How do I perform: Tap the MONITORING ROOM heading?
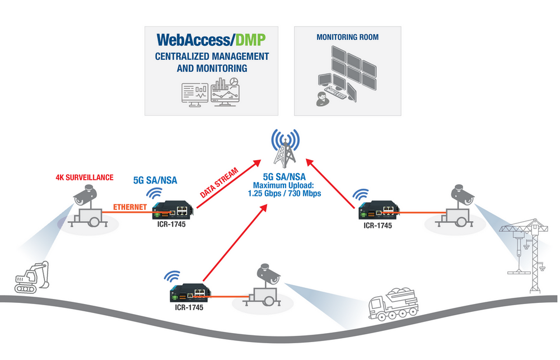[347, 38]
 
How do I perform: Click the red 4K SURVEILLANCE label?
[84, 177]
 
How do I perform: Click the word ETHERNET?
[130, 207]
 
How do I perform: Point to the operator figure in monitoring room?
[321, 99]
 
